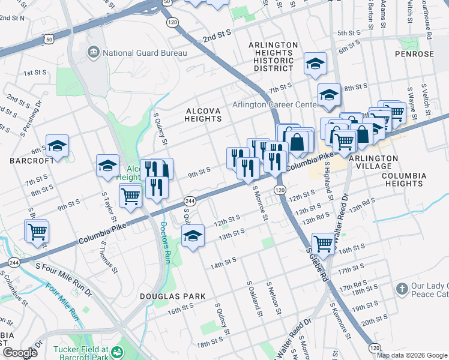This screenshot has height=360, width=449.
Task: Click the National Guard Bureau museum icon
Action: pos(93,52)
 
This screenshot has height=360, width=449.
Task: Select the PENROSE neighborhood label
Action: pos(414,54)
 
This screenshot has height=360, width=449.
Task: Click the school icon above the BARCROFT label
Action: pos(57,146)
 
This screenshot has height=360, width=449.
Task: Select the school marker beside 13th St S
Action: pos(193,236)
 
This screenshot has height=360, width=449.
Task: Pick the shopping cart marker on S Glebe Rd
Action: pos(323,243)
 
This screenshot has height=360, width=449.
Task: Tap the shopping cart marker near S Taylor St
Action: pos(130,195)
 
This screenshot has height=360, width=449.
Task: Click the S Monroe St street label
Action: pos(260,203)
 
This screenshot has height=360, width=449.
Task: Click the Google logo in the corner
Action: pos(20,352)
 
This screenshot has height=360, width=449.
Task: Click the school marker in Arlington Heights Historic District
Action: pos(315,65)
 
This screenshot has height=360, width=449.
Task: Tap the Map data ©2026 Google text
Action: pos(412,355)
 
